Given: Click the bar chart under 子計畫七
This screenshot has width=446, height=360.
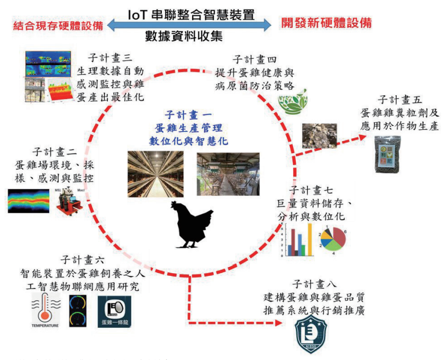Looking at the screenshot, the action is click(x=299, y=241).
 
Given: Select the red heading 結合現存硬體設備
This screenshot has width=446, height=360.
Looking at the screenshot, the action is click(x=50, y=23).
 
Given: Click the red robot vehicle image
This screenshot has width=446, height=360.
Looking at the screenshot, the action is click(x=67, y=200).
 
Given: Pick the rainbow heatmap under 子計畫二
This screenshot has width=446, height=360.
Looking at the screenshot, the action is click(x=29, y=200).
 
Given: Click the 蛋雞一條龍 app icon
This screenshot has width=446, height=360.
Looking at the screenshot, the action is click(x=115, y=311).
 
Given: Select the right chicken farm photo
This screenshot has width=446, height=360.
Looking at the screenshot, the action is click(x=227, y=174).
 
